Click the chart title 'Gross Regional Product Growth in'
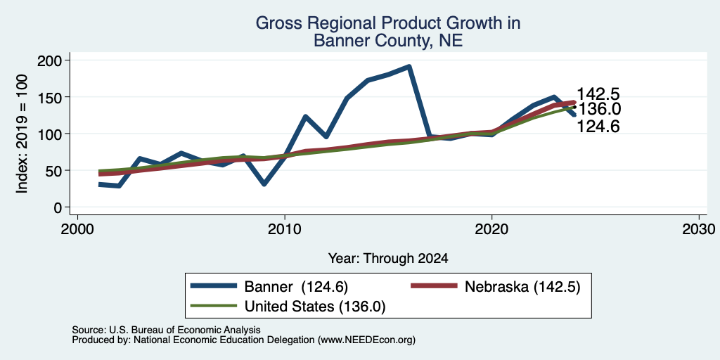point(388,23)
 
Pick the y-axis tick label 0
point(59,207)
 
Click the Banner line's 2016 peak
point(409,67)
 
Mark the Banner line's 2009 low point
point(264,184)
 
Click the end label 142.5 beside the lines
point(598,94)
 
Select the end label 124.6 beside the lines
point(598,127)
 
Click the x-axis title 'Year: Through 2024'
point(388,259)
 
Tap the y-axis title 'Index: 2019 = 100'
point(22,134)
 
